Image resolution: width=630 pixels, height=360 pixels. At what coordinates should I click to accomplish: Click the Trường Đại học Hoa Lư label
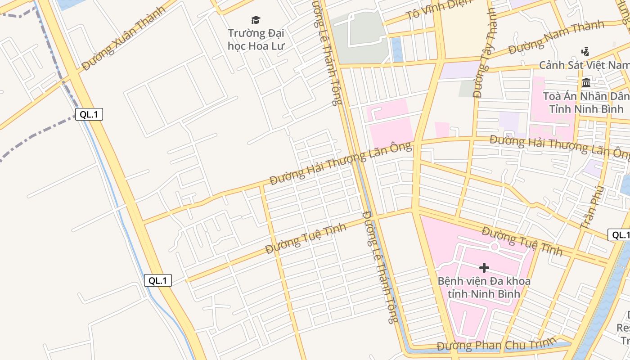256,40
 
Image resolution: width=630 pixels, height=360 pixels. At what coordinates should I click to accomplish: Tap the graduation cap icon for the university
256,20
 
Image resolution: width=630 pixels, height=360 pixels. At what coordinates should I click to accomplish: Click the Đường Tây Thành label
484,53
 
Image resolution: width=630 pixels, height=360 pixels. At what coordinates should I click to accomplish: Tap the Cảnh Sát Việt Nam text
584,65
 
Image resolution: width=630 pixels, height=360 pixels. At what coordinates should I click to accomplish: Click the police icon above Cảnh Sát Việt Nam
585,51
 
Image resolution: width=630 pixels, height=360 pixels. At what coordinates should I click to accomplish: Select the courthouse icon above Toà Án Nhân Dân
586,82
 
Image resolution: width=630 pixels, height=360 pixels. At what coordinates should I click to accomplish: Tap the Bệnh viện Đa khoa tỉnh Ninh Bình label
484,288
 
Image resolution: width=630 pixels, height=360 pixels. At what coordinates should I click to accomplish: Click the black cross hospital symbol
484,268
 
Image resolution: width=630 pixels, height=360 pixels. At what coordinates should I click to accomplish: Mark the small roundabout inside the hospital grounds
495,246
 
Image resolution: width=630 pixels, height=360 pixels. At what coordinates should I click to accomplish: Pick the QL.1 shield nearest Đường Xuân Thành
89,114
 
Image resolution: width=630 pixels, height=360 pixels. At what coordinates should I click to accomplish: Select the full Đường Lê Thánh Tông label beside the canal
380,266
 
